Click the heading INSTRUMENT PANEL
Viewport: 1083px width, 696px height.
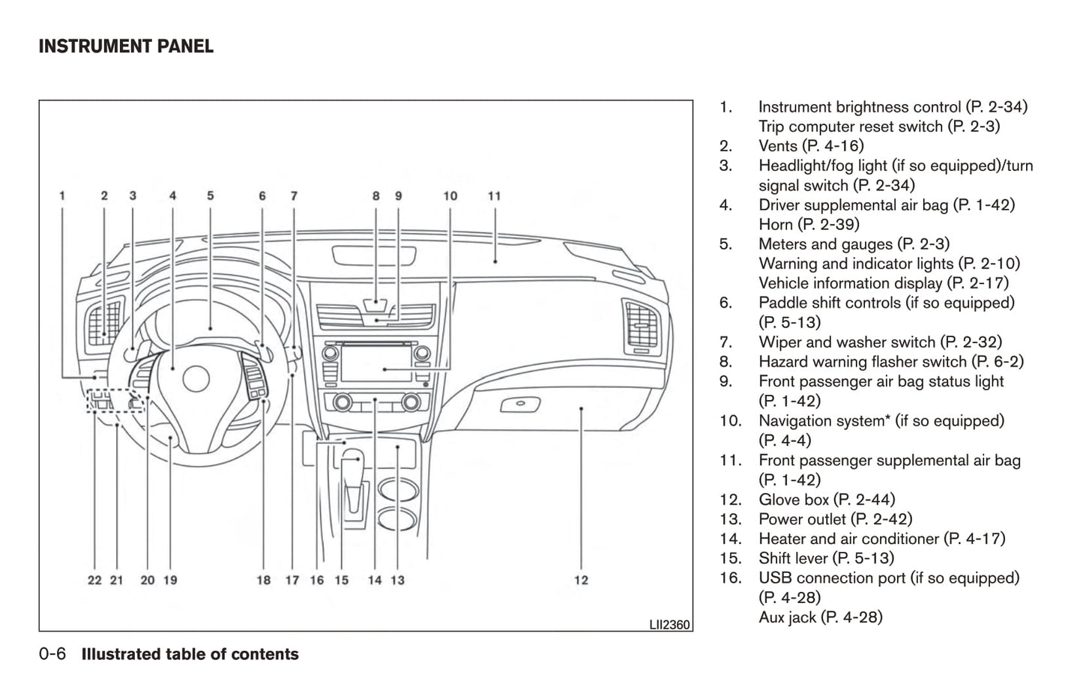coord(126,46)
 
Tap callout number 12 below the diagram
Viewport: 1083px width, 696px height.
coord(581,580)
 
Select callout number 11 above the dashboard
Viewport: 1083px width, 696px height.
coord(494,196)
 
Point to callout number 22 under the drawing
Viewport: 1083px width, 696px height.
coord(94,580)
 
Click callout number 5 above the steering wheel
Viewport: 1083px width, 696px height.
coord(211,196)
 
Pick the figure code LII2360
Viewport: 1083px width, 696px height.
coord(669,624)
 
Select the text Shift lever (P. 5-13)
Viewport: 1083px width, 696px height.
coord(826,558)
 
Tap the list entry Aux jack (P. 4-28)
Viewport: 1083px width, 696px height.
coord(820,617)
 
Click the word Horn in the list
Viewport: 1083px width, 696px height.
coord(775,224)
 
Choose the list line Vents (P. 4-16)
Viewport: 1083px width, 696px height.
coord(810,146)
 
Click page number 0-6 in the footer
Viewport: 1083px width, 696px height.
coord(52,655)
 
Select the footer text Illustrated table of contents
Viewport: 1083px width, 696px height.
coord(190,655)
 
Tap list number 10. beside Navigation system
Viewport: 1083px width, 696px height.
coord(730,421)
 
